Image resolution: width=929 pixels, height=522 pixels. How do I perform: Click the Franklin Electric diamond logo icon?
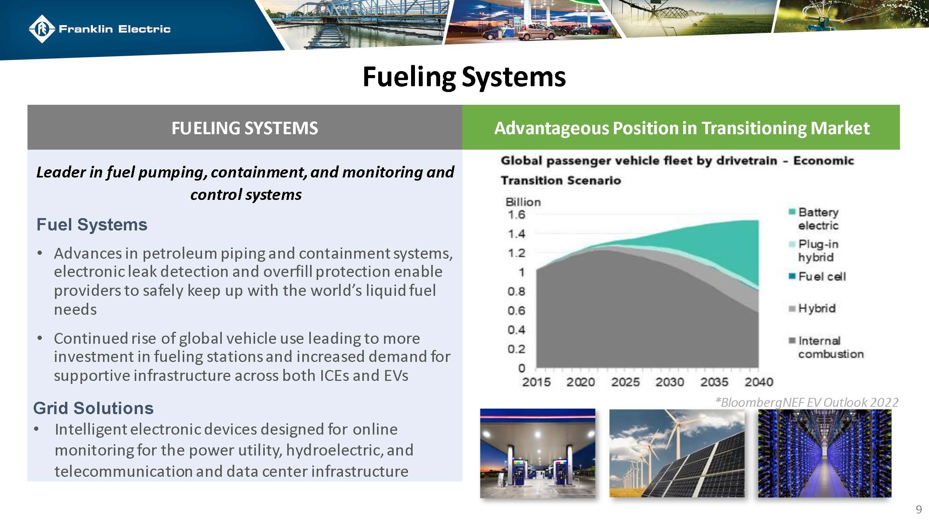(x=41, y=29)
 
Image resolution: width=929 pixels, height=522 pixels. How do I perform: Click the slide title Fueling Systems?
(x=464, y=77)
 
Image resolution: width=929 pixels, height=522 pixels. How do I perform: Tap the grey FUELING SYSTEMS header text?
(x=245, y=128)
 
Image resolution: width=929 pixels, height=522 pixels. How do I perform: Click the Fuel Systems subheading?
(x=92, y=225)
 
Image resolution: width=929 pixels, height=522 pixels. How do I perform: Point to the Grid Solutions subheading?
(x=93, y=408)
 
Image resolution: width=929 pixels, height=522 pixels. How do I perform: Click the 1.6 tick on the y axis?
(x=516, y=215)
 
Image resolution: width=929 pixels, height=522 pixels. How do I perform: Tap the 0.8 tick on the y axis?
(x=516, y=291)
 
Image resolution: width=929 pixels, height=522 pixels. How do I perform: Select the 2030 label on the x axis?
(x=670, y=382)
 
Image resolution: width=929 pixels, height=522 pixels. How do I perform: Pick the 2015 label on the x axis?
(x=536, y=382)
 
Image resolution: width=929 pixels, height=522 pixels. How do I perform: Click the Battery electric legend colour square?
(x=792, y=212)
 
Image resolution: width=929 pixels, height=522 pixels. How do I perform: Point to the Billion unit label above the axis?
(x=523, y=202)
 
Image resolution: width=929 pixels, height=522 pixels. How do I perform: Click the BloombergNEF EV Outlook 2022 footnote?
(x=807, y=403)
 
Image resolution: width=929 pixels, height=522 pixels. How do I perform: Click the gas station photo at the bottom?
(x=538, y=453)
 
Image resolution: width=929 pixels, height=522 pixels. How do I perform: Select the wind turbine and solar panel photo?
(x=677, y=453)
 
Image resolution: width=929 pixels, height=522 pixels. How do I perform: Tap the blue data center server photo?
(x=824, y=453)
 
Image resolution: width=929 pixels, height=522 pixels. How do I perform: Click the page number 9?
(x=919, y=510)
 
